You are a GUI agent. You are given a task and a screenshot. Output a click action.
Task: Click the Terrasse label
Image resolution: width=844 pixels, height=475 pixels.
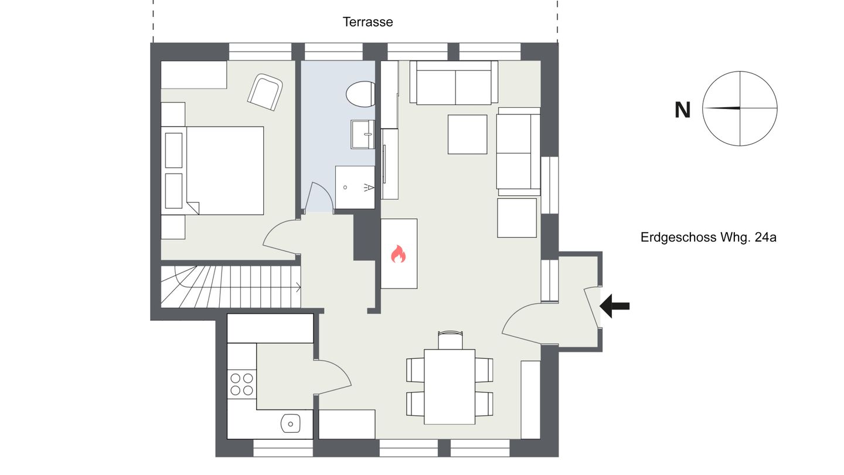tap(367, 22)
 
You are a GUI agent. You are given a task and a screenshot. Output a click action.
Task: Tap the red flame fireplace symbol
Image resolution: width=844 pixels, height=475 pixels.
tap(398, 254)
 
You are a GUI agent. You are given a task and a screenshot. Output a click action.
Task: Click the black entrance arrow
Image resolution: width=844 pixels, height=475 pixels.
tap(614, 306)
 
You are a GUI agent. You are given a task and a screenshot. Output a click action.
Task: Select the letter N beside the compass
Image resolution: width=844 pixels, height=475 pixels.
tap(682, 110)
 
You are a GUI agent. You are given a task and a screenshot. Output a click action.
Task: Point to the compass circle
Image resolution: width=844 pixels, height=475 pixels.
tap(702, 108)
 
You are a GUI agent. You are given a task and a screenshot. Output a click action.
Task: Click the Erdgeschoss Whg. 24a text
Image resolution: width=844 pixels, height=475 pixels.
tap(709, 237)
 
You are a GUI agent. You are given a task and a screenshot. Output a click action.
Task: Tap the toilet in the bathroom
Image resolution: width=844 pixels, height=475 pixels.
tap(360, 94)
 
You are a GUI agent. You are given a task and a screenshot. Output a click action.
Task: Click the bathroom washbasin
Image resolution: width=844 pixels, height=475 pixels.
tap(362, 135)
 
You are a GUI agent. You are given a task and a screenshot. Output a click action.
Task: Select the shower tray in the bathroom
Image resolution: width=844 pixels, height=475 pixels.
tap(355, 188)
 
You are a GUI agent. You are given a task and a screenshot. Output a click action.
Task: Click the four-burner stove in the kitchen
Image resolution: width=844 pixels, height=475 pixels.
tap(241, 384)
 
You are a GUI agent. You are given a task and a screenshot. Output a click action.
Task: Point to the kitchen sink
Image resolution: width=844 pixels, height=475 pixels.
tap(291, 424)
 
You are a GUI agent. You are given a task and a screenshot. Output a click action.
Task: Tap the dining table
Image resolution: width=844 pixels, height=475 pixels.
tap(450, 387)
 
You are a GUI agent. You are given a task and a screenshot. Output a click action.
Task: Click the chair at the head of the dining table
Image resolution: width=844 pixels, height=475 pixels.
tap(450, 340)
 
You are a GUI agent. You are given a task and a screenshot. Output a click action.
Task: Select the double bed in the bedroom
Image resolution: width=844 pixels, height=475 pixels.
tap(213, 171)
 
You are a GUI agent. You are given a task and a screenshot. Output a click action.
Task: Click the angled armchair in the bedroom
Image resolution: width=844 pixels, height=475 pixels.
tap(265, 93)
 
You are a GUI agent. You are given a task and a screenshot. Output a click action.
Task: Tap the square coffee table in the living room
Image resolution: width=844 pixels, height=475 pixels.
tap(467, 134)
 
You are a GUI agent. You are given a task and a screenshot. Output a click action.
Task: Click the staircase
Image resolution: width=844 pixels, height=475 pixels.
tap(230, 287)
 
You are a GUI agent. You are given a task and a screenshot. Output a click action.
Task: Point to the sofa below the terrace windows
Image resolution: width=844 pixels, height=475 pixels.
tap(454, 83)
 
